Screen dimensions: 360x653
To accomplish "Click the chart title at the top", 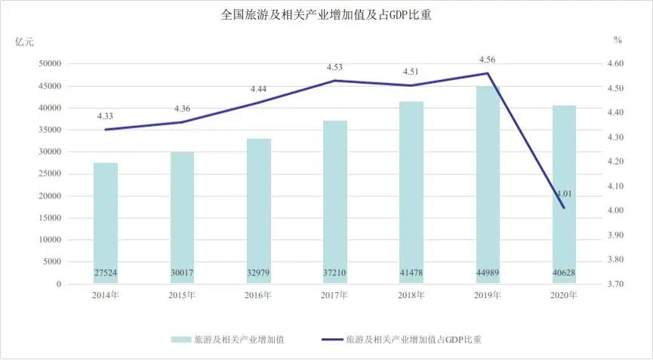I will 326,14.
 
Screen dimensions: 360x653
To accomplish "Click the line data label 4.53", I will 334,67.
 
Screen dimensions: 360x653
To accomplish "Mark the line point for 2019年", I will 488,73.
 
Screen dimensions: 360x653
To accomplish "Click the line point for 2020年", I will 564,208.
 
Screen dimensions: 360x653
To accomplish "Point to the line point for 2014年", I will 106,130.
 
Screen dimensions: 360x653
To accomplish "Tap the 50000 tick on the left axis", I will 51,64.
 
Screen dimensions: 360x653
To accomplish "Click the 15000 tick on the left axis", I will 51,218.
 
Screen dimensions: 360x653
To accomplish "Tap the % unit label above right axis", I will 618,39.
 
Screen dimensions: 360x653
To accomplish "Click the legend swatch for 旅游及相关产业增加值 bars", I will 180,340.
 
